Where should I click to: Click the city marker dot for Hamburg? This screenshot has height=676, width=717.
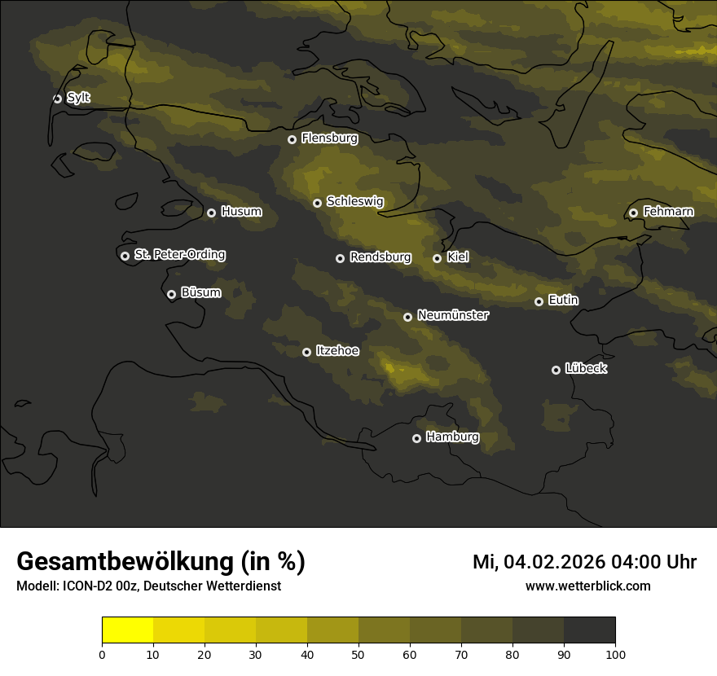[x=416, y=438]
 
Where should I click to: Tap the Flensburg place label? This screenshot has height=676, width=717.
[x=329, y=138]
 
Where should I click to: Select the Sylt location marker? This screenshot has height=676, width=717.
[x=57, y=99]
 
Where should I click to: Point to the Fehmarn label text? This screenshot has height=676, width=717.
[x=668, y=212]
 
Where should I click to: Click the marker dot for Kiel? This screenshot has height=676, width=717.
[x=437, y=258]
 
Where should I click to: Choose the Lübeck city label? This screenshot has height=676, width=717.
[x=586, y=369]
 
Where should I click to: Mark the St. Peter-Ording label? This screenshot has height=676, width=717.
[x=179, y=255]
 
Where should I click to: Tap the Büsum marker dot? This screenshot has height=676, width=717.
[x=171, y=295]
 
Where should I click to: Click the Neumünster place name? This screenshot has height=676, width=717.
[x=452, y=315]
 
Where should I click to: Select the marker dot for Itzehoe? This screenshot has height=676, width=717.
[x=306, y=352]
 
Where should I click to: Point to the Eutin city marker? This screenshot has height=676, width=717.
[x=539, y=301]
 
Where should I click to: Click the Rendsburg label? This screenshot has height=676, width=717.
[x=380, y=257]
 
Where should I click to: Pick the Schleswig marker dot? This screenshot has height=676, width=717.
[x=317, y=203]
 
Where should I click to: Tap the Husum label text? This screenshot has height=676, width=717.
[x=241, y=212]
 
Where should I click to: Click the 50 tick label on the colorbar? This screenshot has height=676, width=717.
[x=358, y=653]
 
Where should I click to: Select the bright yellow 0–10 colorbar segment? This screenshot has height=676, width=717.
[x=128, y=630]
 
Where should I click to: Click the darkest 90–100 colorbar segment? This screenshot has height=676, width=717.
[x=589, y=630]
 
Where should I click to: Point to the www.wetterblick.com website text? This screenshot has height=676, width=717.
[x=588, y=586]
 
